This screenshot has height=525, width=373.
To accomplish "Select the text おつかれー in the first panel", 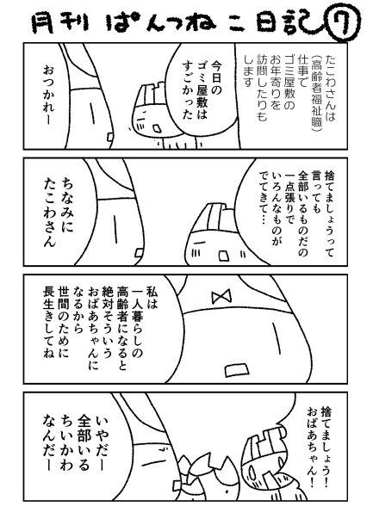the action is tap(48, 96).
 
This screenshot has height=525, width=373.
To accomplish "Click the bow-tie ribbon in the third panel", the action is tap(222, 296).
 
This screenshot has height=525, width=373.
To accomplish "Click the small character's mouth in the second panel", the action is tap(223, 256).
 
